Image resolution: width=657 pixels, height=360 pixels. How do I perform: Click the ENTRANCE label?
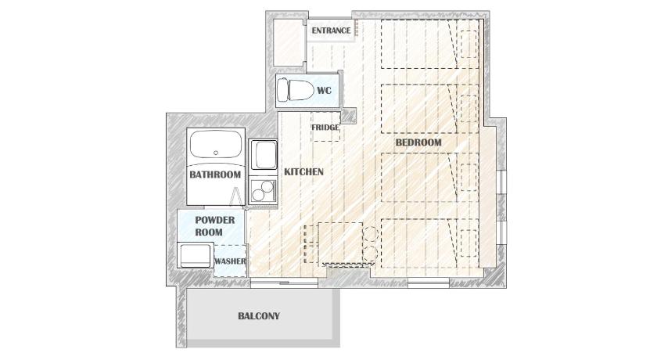coord(331,31)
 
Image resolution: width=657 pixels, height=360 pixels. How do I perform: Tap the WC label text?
coord(324,91)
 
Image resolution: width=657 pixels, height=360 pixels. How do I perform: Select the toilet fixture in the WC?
coord(296,90)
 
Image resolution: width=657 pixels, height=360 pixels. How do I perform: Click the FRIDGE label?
coord(325,127)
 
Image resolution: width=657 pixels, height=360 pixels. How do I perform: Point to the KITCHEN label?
coord(303,172)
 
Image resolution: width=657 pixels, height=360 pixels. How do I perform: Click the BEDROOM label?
coord(418,142)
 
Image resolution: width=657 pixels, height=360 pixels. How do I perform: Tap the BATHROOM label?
coord(215,175)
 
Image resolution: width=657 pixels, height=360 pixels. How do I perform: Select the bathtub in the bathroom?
coord(216,144)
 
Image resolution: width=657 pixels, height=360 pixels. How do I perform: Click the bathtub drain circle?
coord(216,153)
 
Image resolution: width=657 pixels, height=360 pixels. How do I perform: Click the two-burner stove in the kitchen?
coord(263,191)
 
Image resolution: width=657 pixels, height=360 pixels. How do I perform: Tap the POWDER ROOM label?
coord(215,226)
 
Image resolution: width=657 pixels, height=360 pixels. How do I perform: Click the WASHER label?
coord(230,261)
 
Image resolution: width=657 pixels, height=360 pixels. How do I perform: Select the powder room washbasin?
coord(195,255)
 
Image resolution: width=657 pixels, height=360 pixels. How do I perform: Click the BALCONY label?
coord(259,316)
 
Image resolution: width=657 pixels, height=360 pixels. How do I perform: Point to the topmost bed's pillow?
coord(469,44)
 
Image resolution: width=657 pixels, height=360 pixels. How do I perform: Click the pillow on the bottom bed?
coord(469,243)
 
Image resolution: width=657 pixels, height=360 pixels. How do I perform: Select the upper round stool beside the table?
coord(371,233)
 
